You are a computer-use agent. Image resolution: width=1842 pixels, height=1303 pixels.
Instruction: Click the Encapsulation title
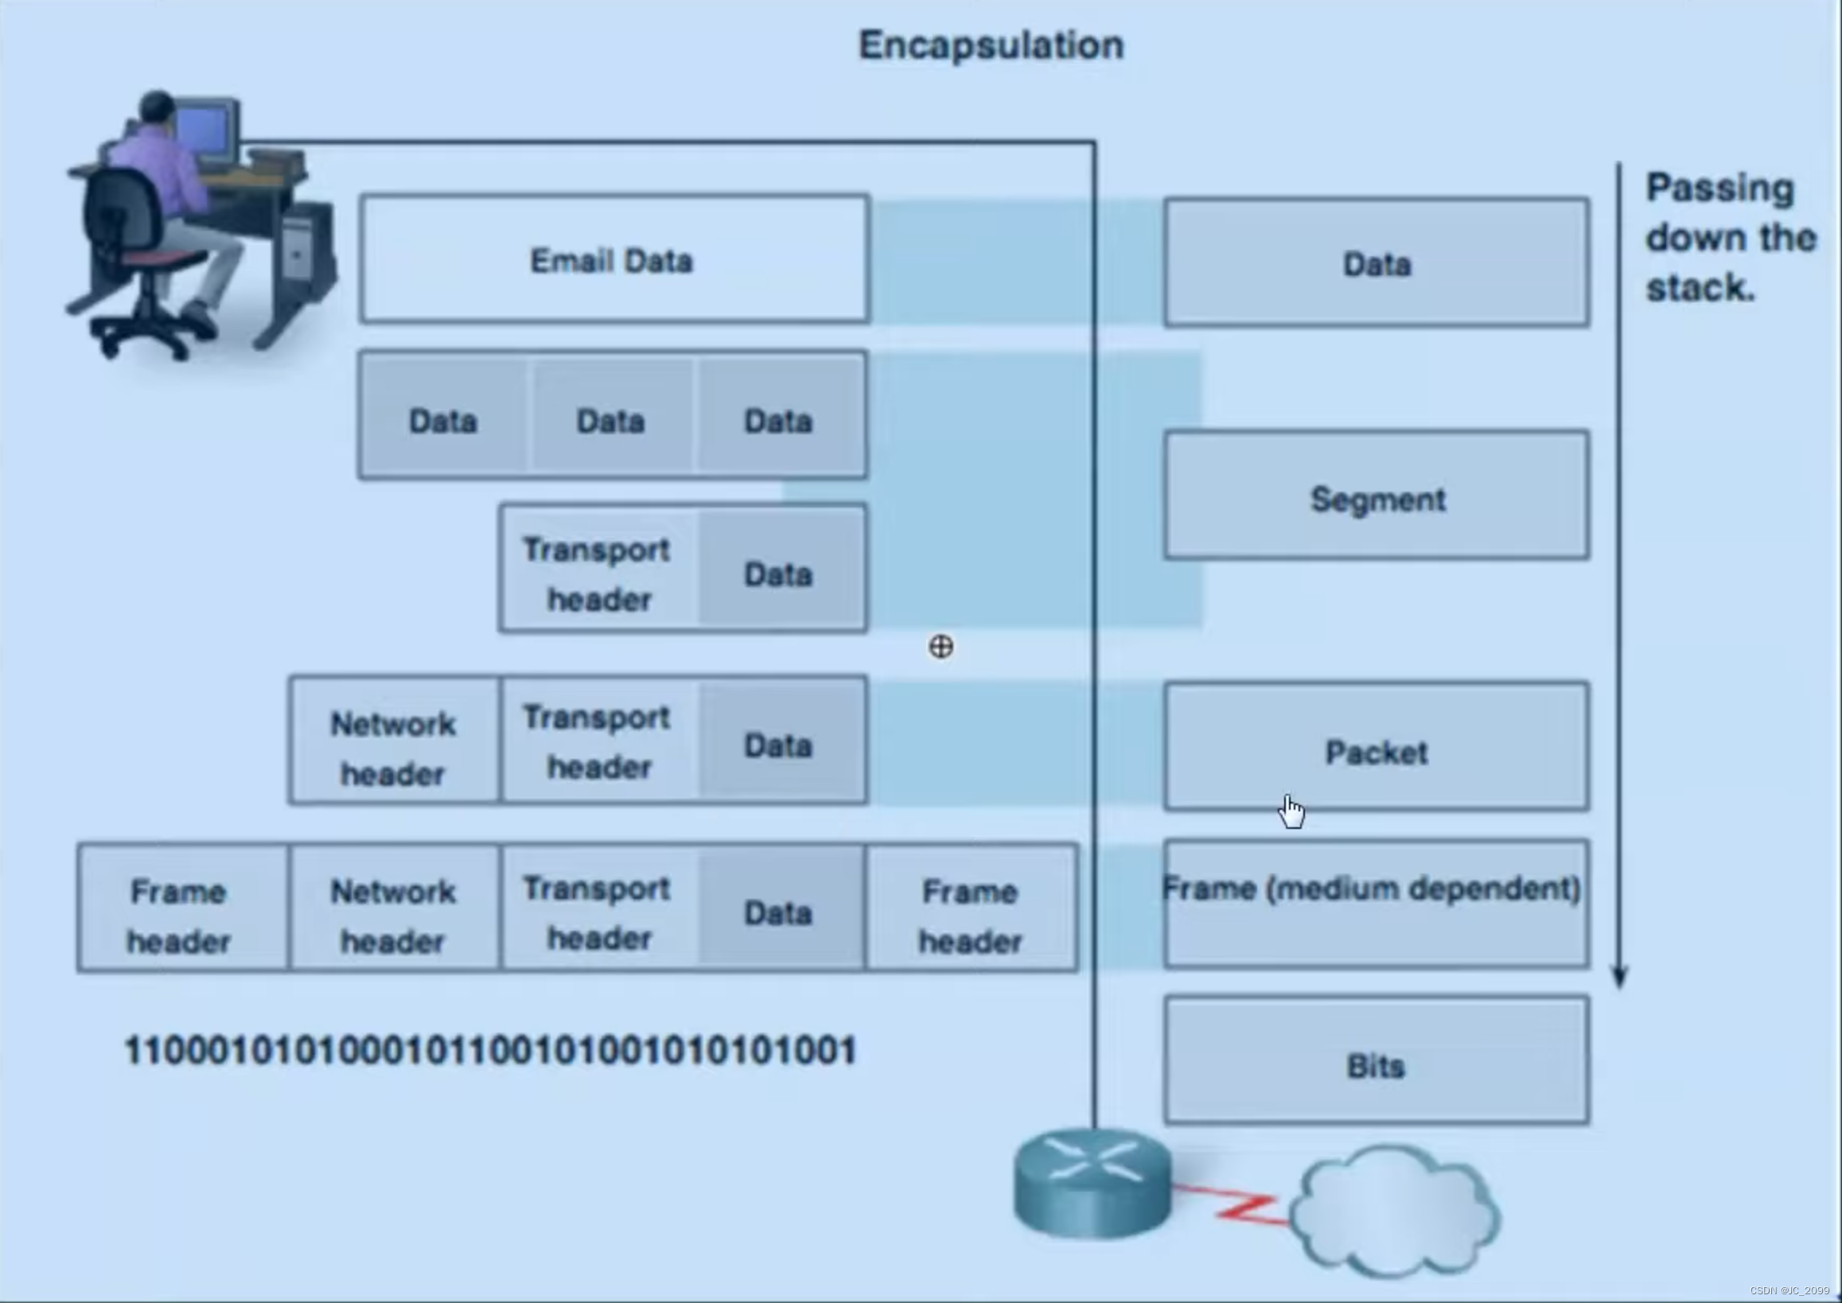point(991,45)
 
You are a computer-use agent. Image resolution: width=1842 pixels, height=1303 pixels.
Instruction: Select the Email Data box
point(614,260)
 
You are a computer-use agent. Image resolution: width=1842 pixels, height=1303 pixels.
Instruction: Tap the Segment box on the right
point(1377,496)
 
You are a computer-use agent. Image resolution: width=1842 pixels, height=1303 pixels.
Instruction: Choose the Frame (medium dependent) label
point(1372,889)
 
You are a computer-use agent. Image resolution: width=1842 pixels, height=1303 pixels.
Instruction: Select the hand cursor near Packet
point(1291,812)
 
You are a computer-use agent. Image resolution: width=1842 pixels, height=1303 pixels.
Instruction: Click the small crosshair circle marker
point(940,647)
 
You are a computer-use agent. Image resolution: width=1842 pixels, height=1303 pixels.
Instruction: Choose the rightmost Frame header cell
point(971,915)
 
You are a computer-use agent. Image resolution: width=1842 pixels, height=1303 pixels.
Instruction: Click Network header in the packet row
point(393,748)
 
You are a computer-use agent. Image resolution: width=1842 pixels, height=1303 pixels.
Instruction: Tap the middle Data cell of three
point(611,421)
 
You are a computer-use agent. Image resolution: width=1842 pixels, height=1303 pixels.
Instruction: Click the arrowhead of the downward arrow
point(1619,976)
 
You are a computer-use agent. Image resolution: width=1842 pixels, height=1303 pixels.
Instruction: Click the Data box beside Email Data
point(1377,263)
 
